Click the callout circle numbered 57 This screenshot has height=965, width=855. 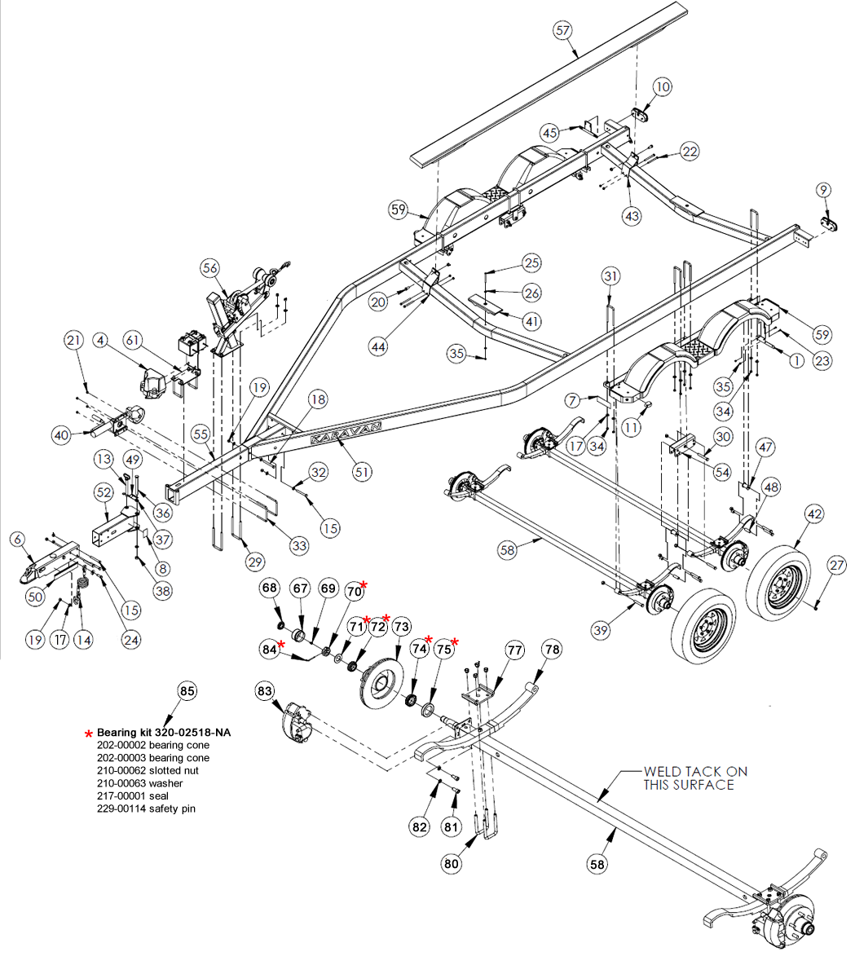pyautogui.click(x=562, y=31)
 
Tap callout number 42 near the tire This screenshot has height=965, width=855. pyautogui.click(x=814, y=514)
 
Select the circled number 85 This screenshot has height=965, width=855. pyautogui.click(x=187, y=692)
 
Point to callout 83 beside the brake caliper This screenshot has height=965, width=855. pyautogui.click(x=265, y=691)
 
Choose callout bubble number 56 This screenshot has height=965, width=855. pyautogui.click(x=210, y=268)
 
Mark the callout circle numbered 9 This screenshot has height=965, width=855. pyautogui.click(x=824, y=190)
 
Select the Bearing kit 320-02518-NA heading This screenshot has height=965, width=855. pyautogui.click(x=163, y=733)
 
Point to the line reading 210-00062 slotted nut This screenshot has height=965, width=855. pyautogui.click(x=147, y=770)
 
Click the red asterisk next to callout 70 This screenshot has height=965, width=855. pyautogui.click(x=364, y=585)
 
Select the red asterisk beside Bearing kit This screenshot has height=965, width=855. pyautogui.click(x=89, y=734)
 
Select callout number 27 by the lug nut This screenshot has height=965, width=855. pyautogui.click(x=837, y=566)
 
